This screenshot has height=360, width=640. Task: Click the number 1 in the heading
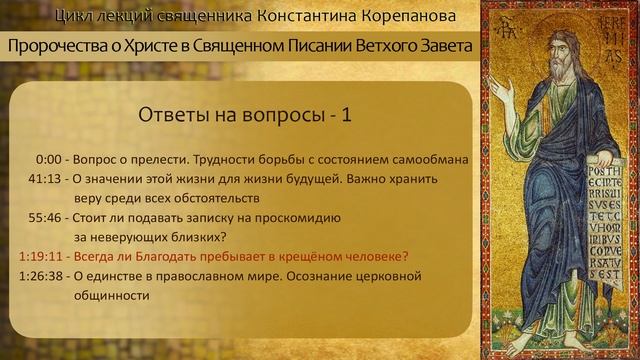click(346, 115)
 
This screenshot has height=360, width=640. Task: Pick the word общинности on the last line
click(111, 296)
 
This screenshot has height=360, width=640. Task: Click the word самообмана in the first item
click(426, 159)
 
